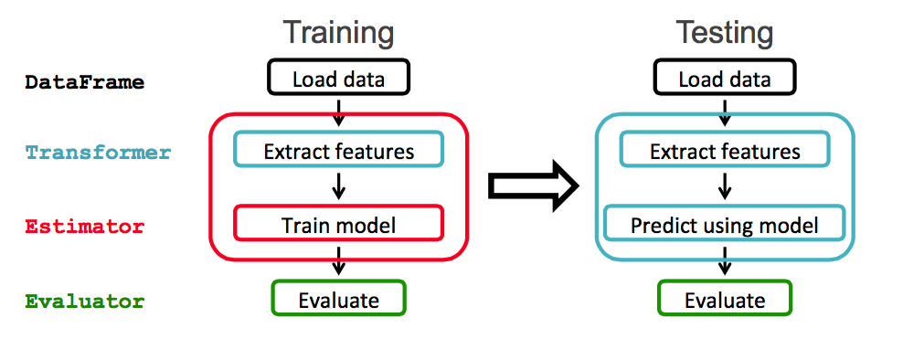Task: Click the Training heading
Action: (x=338, y=33)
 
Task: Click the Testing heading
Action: (x=724, y=33)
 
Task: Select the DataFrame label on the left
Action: (x=84, y=82)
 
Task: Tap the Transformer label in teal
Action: (x=98, y=153)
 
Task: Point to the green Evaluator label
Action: (x=84, y=301)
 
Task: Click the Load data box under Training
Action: (x=338, y=79)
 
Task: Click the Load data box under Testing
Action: (x=724, y=79)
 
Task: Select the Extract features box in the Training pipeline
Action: (x=338, y=151)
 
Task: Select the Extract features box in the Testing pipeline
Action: (x=725, y=151)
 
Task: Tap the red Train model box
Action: (x=338, y=224)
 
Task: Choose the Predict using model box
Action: (x=725, y=224)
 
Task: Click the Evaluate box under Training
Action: (x=338, y=299)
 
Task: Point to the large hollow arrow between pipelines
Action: (x=534, y=186)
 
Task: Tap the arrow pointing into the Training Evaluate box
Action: (x=338, y=262)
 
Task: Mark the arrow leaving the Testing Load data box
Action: (x=725, y=111)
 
